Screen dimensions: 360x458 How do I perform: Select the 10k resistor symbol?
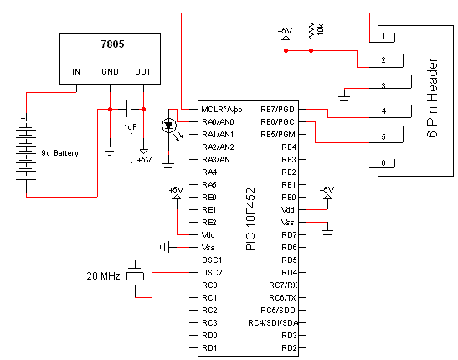tap(311, 30)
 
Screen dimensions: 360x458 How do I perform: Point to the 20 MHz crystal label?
tap(105, 275)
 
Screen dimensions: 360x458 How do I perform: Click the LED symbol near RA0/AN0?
tap(170, 126)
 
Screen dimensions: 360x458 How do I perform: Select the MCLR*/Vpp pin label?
tap(221, 110)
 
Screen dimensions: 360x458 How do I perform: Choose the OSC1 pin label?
tap(212, 260)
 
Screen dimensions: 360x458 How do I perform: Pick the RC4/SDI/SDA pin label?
tap(273, 322)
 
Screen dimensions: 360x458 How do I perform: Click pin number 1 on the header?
tap(383, 36)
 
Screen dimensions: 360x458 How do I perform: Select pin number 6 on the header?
tap(383, 162)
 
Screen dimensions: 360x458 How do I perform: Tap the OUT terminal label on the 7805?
tap(142, 72)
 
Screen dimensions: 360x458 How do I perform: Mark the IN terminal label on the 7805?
tap(75, 72)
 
